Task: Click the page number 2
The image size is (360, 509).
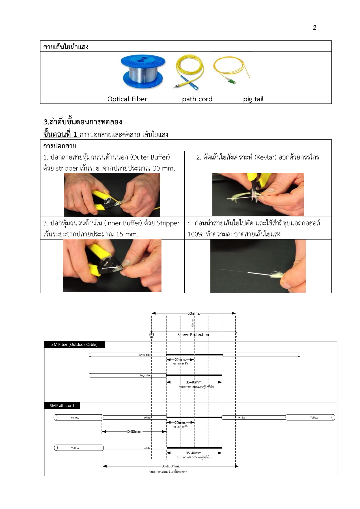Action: [314, 27]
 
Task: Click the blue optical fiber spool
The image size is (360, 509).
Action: [143, 72]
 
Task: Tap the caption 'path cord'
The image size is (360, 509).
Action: [197, 99]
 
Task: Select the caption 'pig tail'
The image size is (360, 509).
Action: [253, 99]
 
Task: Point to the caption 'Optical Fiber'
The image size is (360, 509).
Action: [127, 99]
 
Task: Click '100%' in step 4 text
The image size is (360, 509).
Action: [195, 234]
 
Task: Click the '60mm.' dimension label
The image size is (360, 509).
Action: [193, 313]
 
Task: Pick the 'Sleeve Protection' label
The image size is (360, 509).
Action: [193, 335]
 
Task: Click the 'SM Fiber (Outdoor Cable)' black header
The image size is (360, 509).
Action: [74, 344]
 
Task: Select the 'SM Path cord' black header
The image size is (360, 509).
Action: [62, 406]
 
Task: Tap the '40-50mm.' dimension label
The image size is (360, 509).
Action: [134, 432]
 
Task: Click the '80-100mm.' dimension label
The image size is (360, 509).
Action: [170, 466]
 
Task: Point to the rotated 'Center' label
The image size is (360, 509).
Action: [193, 323]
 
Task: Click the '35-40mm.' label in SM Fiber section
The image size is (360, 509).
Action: [194, 382]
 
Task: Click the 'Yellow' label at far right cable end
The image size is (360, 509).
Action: [314, 417]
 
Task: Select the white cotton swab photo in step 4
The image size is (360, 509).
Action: [258, 266]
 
